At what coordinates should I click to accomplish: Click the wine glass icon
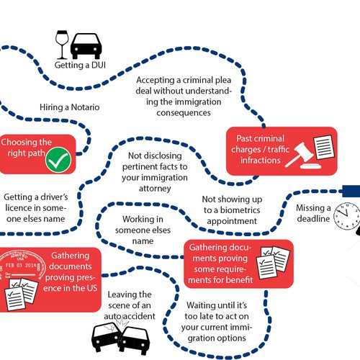[x=62, y=45]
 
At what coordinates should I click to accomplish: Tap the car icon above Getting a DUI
[x=86, y=46]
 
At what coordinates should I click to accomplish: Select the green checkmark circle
[x=58, y=160]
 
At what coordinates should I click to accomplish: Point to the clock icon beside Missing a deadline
[x=347, y=216]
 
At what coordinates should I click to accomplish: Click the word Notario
[x=86, y=107]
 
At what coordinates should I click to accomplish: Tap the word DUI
[x=99, y=65]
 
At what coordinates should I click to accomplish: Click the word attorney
[x=155, y=189]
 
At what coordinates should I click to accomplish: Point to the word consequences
[x=184, y=113]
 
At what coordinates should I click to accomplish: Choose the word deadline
[x=313, y=219]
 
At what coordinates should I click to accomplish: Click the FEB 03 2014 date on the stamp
[x=21, y=265]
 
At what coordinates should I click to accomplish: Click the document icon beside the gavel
[x=324, y=147]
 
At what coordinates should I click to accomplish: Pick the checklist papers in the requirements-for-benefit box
[x=273, y=262]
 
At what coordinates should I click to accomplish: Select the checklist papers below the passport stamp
[x=21, y=294]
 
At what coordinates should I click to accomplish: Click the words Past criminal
[x=260, y=138]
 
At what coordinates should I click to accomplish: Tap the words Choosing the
[x=27, y=142]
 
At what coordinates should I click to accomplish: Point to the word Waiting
[x=202, y=305]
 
